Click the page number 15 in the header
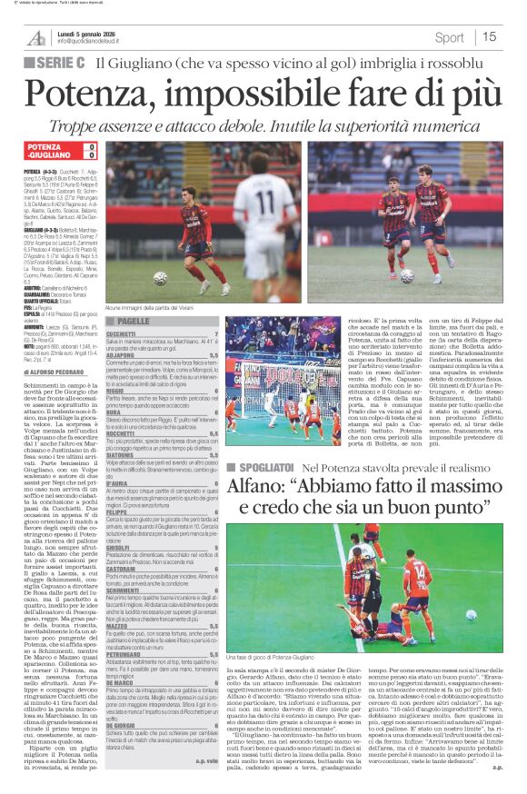490,37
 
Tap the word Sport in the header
450,37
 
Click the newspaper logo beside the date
35,38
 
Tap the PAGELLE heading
133,322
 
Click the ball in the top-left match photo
160,277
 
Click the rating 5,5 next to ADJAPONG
214,356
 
